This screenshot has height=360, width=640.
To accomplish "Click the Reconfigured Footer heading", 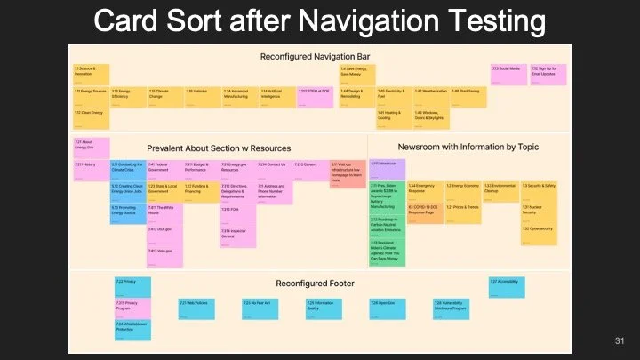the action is tap(315, 283).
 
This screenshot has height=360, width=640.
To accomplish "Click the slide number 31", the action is tap(620, 341).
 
